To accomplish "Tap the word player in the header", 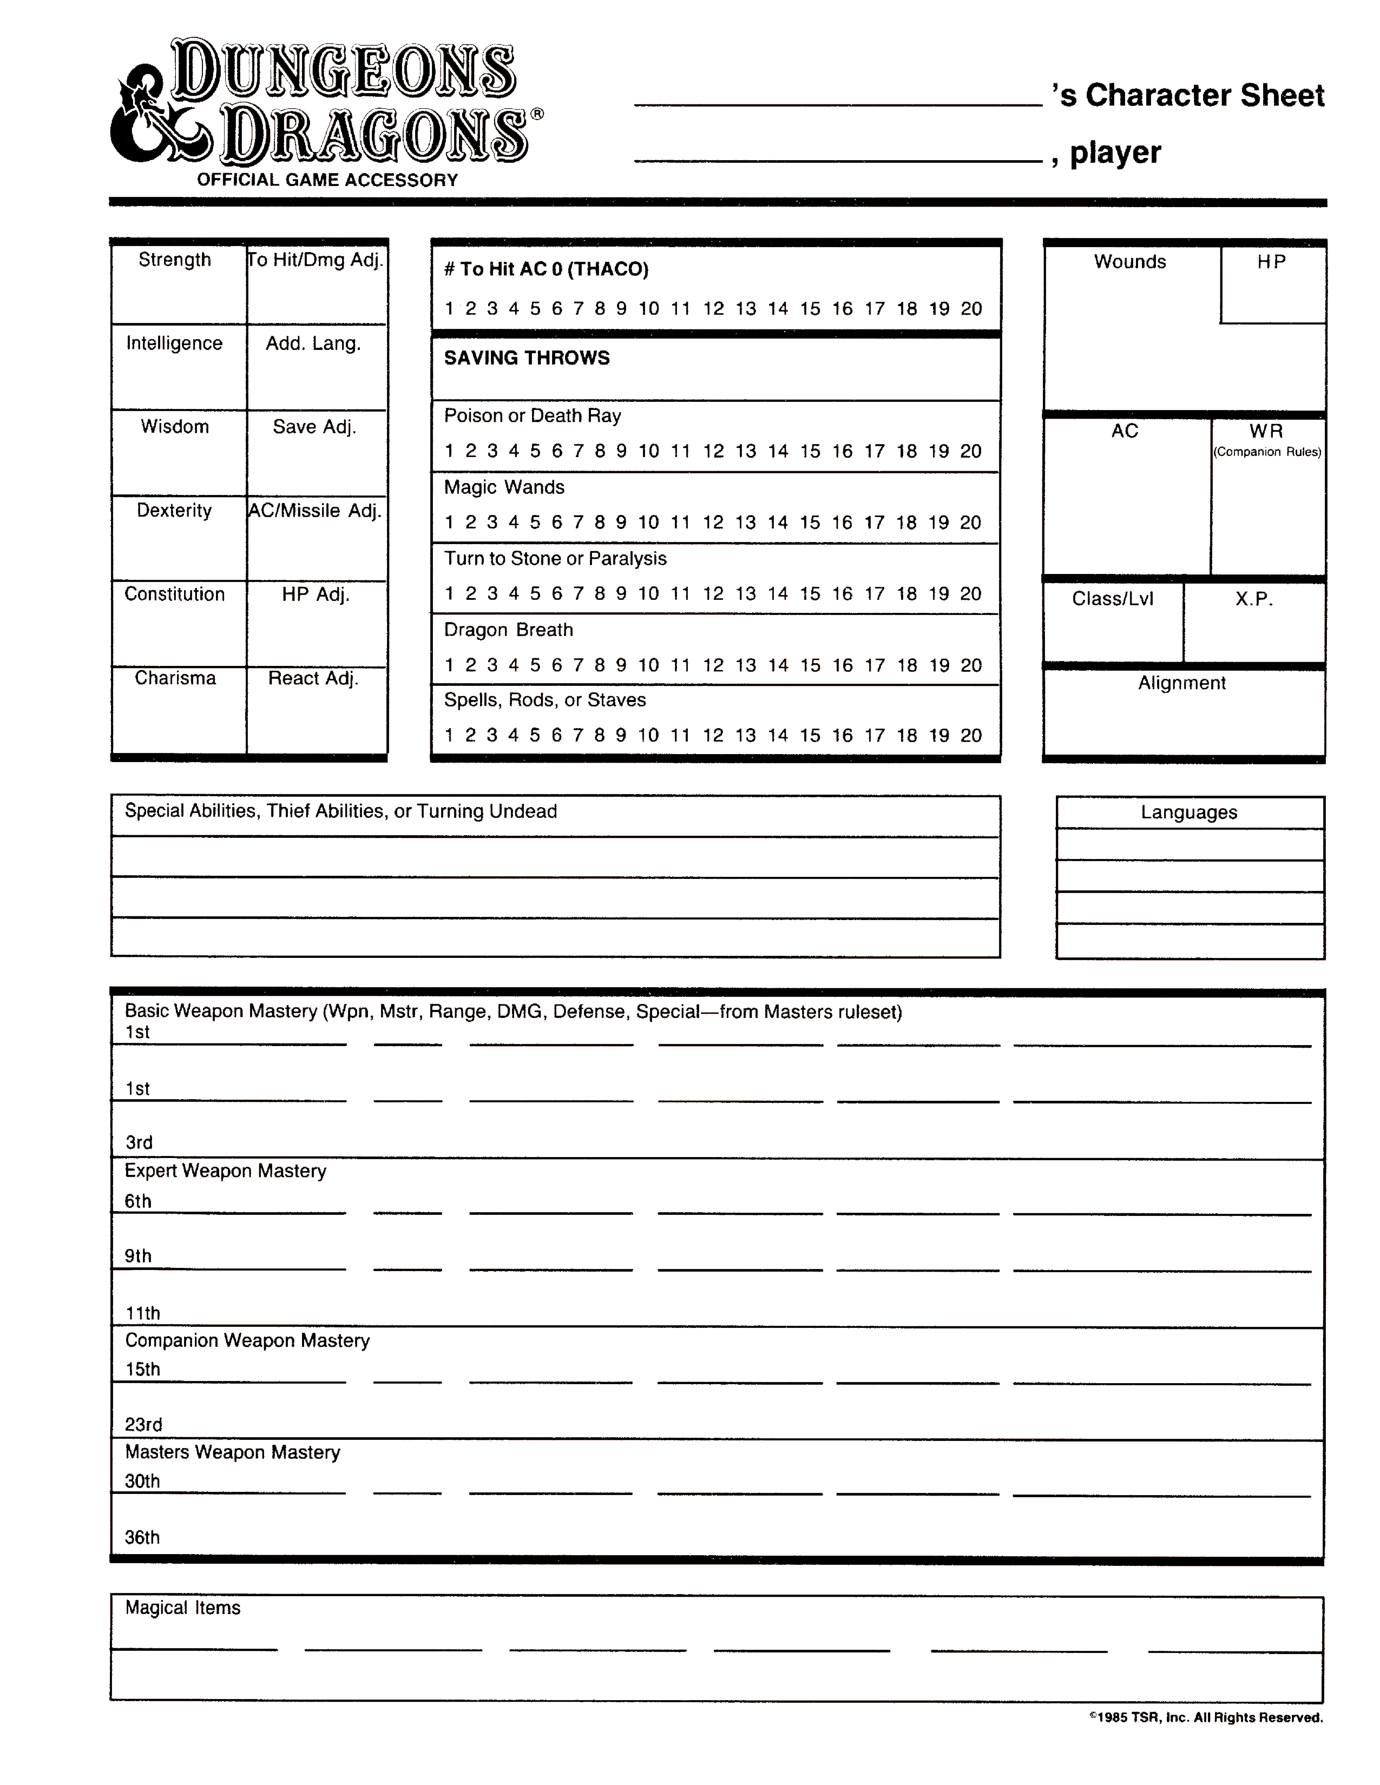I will [1115, 153].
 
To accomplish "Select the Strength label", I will [174, 260].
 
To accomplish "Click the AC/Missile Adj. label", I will [315, 511].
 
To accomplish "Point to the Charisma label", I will [175, 678].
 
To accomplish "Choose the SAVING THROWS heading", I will [527, 358].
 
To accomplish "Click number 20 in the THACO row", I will [970, 309].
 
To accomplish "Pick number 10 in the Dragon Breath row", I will [648, 665].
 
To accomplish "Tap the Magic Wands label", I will [504, 487].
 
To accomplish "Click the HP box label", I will [1271, 262].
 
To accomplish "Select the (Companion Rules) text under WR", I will [1266, 452].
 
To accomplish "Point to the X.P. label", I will [1253, 599].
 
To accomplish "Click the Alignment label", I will [1181, 683].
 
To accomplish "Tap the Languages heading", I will [1189, 812].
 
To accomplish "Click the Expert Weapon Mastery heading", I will [225, 1171].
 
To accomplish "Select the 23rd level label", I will [143, 1425].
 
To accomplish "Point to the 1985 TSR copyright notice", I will [1206, 1717].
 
